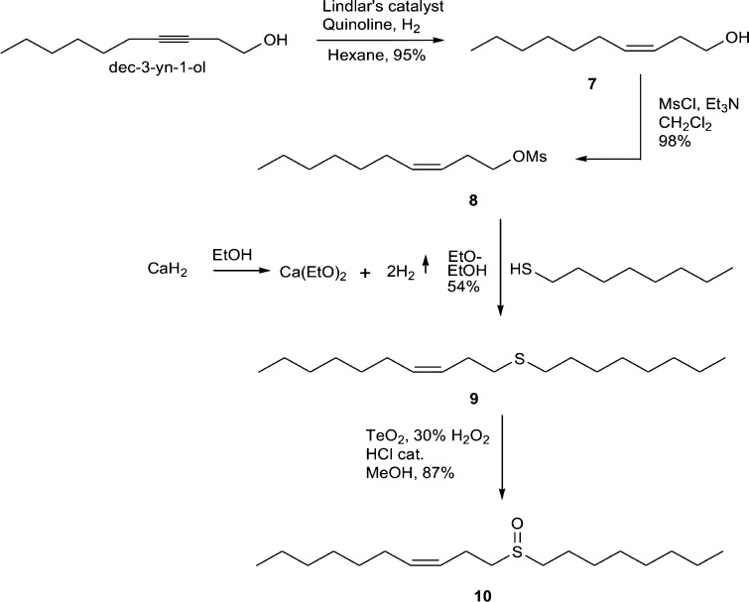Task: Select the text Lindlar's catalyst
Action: pyautogui.click(x=364, y=11)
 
